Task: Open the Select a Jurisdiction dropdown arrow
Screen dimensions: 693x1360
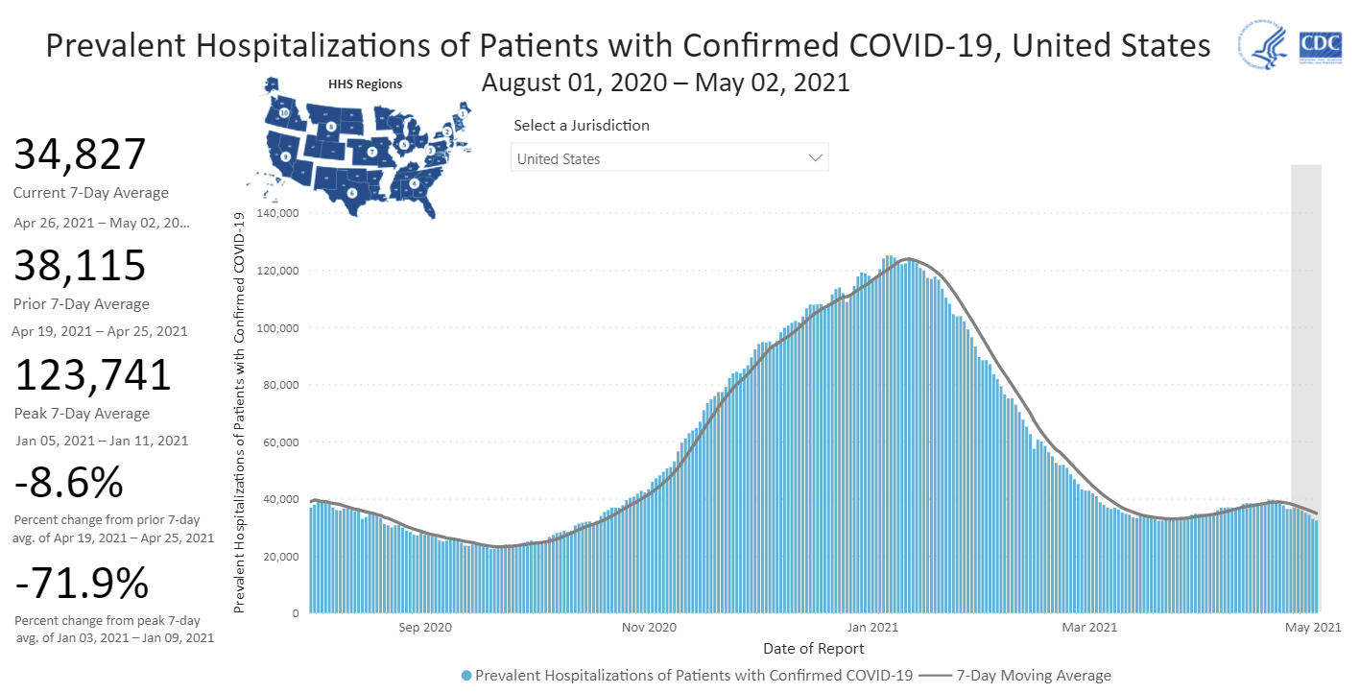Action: (816, 157)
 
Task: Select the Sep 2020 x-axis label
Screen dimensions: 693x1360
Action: (424, 628)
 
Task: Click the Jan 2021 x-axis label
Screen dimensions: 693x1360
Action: (871, 628)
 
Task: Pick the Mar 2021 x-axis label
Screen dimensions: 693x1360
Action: (1090, 628)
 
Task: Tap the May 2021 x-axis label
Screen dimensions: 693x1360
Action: (1313, 628)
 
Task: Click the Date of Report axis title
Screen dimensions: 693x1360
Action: (813, 649)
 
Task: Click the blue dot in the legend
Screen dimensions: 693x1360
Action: (466, 676)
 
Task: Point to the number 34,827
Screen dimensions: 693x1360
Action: (80, 155)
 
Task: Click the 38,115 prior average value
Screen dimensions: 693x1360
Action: (80, 266)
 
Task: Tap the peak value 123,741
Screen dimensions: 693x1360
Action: (92, 375)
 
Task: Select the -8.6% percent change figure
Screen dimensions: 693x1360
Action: (69, 483)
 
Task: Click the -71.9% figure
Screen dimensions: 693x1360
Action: (81, 583)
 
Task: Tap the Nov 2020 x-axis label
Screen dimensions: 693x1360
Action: (649, 628)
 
